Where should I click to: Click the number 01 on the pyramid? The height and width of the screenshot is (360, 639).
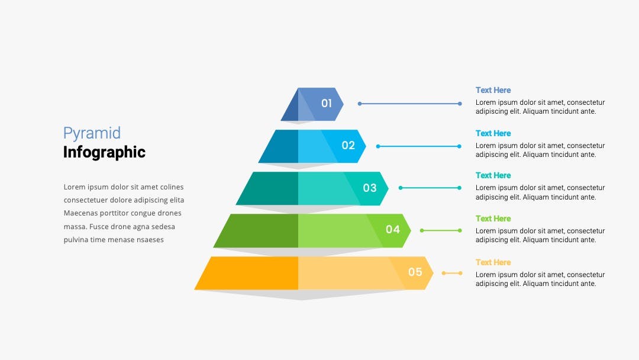tap(327, 103)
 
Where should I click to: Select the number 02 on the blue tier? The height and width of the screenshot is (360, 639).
tap(348, 145)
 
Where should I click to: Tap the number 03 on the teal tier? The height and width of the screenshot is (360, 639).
tap(370, 188)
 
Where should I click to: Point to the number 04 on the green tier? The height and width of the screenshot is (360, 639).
tap(393, 230)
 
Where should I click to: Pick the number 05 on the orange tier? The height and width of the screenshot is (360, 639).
tap(415, 272)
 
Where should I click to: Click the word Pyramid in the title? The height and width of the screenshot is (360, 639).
tap(92, 133)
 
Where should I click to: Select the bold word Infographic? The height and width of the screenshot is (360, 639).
tap(104, 152)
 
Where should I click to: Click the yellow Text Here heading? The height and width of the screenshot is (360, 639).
tap(493, 262)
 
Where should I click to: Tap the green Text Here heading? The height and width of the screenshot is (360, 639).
tap(493, 218)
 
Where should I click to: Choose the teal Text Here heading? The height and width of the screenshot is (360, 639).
tap(493, 175)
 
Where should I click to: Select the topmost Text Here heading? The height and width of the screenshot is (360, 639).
tap(493, 90)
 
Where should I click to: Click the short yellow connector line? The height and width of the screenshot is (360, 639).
tap(452, 273)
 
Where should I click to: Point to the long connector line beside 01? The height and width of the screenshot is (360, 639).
tap(409, 104)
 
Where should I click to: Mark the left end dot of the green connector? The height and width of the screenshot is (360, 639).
tap(422, 230)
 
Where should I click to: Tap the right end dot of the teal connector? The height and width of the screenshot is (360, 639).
tap(459, 188)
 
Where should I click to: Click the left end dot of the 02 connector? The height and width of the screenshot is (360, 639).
tap(378, 146)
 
